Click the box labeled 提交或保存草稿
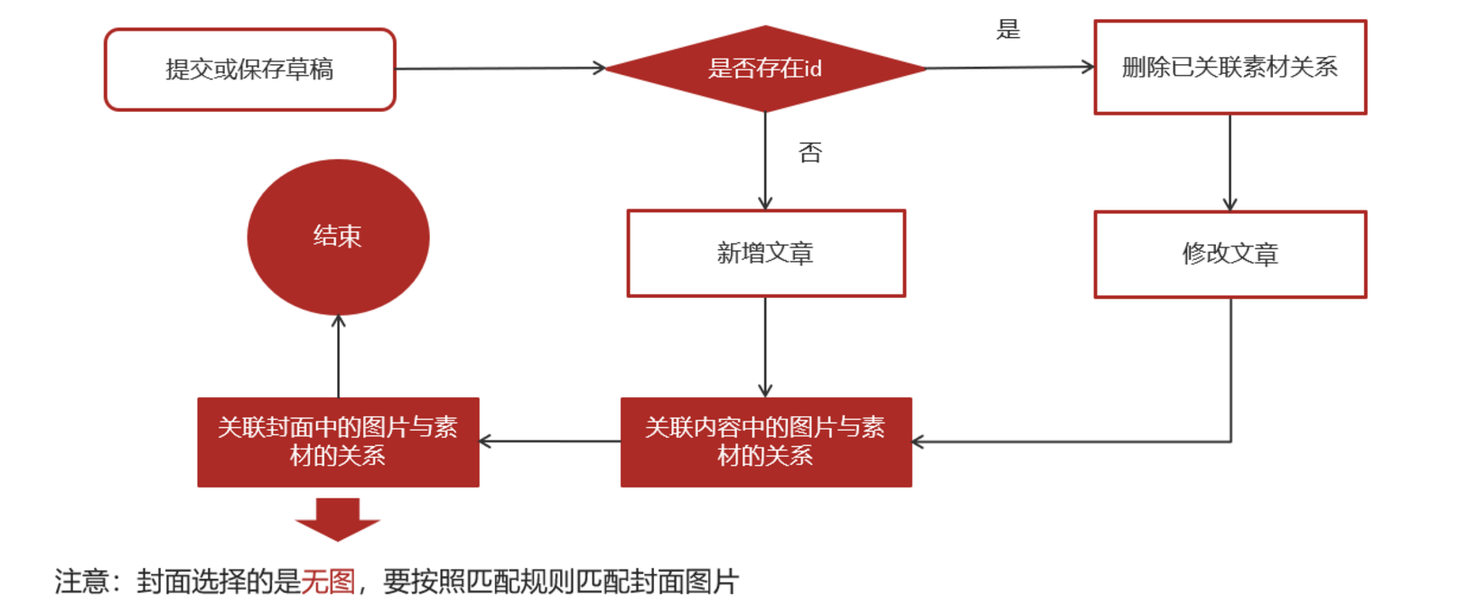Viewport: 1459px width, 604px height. [x=250, y=70]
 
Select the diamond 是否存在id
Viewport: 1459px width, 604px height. [x=764, y=69]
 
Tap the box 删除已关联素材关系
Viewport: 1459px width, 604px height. [x=1230, y=68]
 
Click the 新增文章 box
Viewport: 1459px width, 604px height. [x=765, y=254]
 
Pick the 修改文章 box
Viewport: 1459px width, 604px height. [x=1230, y=255]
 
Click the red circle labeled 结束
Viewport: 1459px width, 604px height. [x=338, y=237]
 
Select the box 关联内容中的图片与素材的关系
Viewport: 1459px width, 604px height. [x=765, y=441]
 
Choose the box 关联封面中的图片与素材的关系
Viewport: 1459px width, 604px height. [x=338, y=441]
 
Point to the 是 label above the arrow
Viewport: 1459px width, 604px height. [x=1007, y=30]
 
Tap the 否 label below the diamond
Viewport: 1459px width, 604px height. [x=810, y=153]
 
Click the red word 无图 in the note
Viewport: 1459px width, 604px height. [x=328, y=581]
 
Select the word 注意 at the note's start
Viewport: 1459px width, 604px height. [x=81, y=581]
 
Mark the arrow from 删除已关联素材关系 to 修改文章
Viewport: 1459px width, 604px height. [x=1230, y=163]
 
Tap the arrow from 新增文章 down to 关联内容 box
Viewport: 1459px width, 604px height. [x=765, y=347]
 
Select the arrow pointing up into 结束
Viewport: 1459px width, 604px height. [x=339, y=357]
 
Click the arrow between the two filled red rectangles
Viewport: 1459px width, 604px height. [x=549, y=441]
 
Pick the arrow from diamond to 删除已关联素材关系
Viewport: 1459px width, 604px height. [x=1009, y=67]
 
